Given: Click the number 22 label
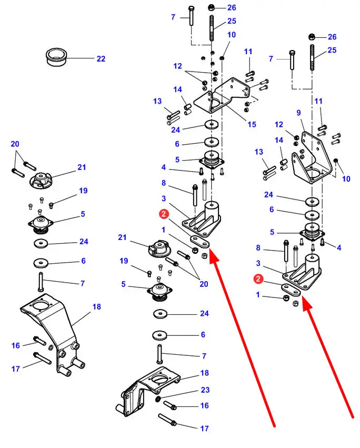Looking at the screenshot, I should pos(101,58).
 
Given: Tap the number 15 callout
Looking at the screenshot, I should pos(252,125).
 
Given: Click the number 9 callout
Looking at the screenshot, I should pos(298,112).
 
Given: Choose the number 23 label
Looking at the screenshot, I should pos(205,390).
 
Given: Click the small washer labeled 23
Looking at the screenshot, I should pos(158,399).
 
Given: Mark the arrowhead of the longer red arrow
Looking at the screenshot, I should pos(212,254).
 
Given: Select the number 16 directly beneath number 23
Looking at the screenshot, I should pos(205,405).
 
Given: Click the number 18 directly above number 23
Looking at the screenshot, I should pos(205,373).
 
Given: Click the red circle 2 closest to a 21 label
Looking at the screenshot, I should pos(165,214).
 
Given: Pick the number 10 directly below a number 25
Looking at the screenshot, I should pos(232,35).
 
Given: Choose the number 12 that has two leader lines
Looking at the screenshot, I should pos(178,66).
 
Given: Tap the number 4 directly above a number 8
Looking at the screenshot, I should pos(164,167).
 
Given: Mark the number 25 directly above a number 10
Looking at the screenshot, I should pos(232,21).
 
